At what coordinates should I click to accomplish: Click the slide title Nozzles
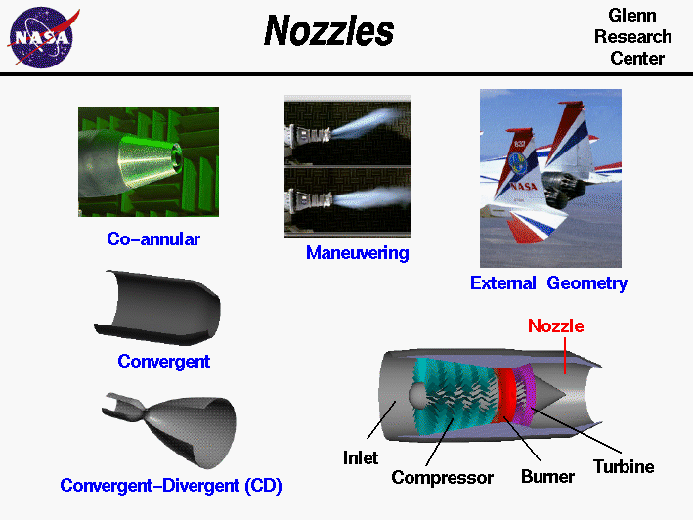click(x=328, y=32)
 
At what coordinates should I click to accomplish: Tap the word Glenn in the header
click(x=631, y=17)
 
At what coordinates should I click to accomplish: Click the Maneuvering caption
click(x=357, y=253)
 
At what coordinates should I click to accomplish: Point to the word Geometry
click(x=586, y=283)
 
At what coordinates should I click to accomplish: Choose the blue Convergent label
click(x=164, y=361)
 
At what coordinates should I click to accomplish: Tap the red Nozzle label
click(x=555, y=326)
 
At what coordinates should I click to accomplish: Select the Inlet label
click(x=360, y=457)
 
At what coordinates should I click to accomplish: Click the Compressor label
click(x=442, y=478)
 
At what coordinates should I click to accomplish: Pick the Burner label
click(x=547, y=477)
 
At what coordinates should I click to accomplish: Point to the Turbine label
click(x=624, y=466)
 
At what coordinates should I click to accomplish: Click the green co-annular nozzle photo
click(x=149, y=161)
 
